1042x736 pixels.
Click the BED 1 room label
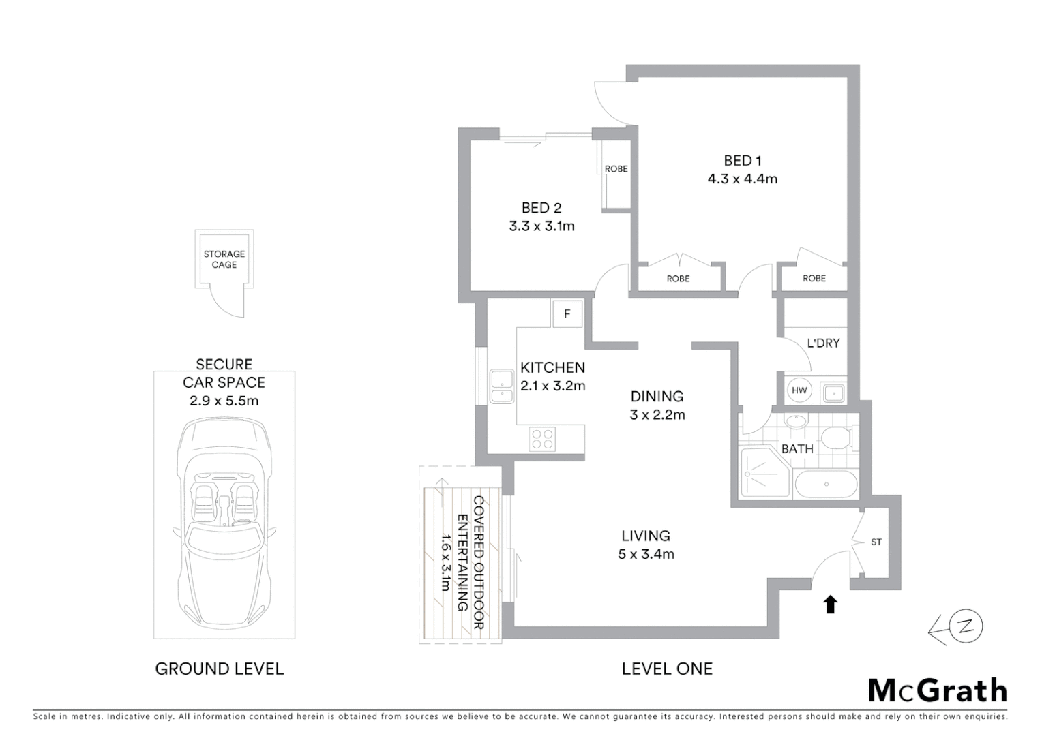pos(742,161)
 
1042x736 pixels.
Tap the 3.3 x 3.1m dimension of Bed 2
pos(541,226)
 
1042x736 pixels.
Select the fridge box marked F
pos(567,314)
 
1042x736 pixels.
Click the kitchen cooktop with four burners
pos(543,438)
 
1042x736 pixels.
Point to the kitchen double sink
pos(503,386)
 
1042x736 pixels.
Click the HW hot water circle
pos(799,390)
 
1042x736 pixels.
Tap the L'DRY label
pos(823,343)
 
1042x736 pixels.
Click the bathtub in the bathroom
pos(825,485)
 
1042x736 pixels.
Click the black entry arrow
pos(830,604)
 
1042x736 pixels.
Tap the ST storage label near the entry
pos(876,542)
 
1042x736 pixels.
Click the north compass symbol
pos(965,627)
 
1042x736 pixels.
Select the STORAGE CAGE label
pos(224,260)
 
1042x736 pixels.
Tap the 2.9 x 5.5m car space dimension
pos(224,401)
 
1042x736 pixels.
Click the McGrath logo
pos(937,690)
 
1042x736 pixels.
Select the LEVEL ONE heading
pos(667,669)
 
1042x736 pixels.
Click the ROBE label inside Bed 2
pos(616,169)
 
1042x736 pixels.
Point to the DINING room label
pos(657,397)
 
